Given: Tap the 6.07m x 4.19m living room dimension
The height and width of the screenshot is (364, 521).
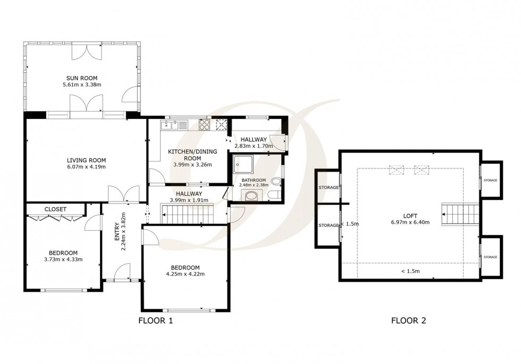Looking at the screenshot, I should coord(86,167).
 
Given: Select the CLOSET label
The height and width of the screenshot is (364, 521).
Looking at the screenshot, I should coord(55,209).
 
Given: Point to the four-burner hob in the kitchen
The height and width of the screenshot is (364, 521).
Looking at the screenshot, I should coord(205,125).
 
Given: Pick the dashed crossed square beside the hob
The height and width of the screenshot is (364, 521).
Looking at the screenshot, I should coord(222,125).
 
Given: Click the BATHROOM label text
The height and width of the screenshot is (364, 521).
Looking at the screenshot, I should coord(254,180).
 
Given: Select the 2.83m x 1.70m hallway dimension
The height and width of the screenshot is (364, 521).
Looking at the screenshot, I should coord(253,146).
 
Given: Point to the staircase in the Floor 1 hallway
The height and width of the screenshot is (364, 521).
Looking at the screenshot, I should coord(189,215).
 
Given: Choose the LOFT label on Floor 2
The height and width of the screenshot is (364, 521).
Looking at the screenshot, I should coord(410,215).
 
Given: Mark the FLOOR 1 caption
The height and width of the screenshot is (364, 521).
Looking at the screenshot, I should coord(155,320).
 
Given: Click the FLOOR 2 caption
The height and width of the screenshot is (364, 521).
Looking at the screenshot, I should coord(408,320).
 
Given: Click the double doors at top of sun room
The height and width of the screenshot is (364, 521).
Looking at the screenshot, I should coord(86,51).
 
